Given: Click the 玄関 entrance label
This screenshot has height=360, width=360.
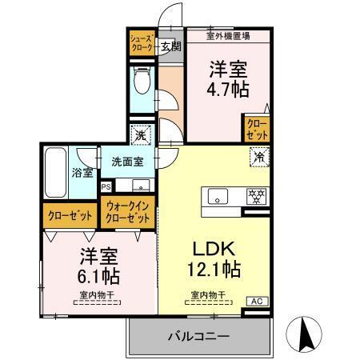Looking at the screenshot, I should coord(170,46).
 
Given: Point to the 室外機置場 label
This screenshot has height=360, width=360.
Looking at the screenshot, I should coord(228,35).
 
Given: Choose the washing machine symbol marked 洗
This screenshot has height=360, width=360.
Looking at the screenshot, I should coord(141,135).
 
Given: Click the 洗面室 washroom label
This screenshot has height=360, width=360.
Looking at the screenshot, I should coord(126,162).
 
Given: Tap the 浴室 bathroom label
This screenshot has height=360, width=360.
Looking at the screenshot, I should coord(83,172).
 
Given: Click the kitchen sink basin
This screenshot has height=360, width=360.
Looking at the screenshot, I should coord(218,195).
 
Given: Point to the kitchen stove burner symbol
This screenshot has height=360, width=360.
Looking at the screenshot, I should coord(255,194).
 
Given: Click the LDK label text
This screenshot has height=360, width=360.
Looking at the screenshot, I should coord(210,249).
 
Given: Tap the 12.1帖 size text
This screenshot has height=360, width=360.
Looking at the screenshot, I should coord(214,270).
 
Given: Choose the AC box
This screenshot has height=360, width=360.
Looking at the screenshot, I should coord(257,301).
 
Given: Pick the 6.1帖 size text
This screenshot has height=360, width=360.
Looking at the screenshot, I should coord(99,278).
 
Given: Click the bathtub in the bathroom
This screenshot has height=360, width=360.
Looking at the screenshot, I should coord(55,172).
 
